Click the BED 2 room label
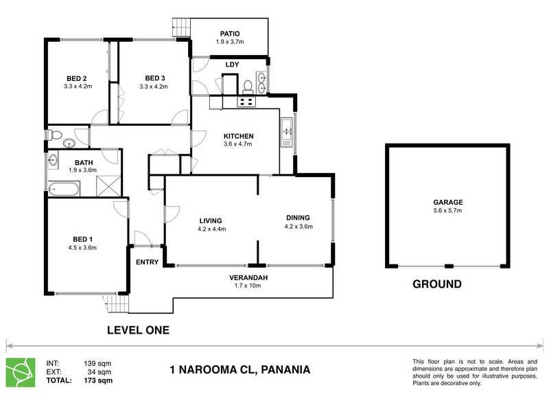[x=76, y=78]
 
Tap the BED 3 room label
[x=154, y=78]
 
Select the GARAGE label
[x=447, y=203]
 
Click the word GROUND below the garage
[x=436, y=284]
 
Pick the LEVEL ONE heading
[x=138, y=330]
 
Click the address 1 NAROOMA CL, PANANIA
[x=240, y=369]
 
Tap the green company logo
[x=20, y=371]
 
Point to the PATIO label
[x=229, y=33]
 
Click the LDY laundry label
[x=232, y=65]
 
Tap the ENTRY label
[x=148, y=262]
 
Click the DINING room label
[x=299, y=218]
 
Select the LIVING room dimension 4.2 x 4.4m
[x=212, y=229]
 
